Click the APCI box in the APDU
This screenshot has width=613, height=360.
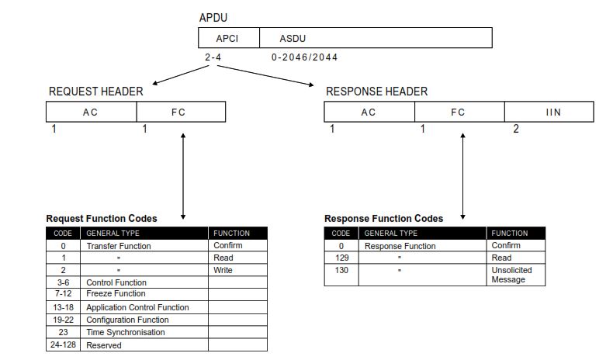coord(228,38)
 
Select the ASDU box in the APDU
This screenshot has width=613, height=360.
coord(375,38)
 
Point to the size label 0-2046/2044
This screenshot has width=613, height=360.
coord(304,57)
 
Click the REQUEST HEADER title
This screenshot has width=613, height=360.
coord(95,92)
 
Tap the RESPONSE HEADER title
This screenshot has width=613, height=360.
coord(376,92)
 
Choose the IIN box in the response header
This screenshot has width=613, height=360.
coord(552,112)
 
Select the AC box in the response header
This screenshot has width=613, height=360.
coord(369,112)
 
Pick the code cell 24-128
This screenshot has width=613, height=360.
coord(63,344)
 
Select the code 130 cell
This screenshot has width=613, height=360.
coord(341,270)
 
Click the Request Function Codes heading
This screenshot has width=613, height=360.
coord(102,219)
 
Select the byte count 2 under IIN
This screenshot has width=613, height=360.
coord(516,129)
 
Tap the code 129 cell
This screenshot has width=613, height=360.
coord(341,258)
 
